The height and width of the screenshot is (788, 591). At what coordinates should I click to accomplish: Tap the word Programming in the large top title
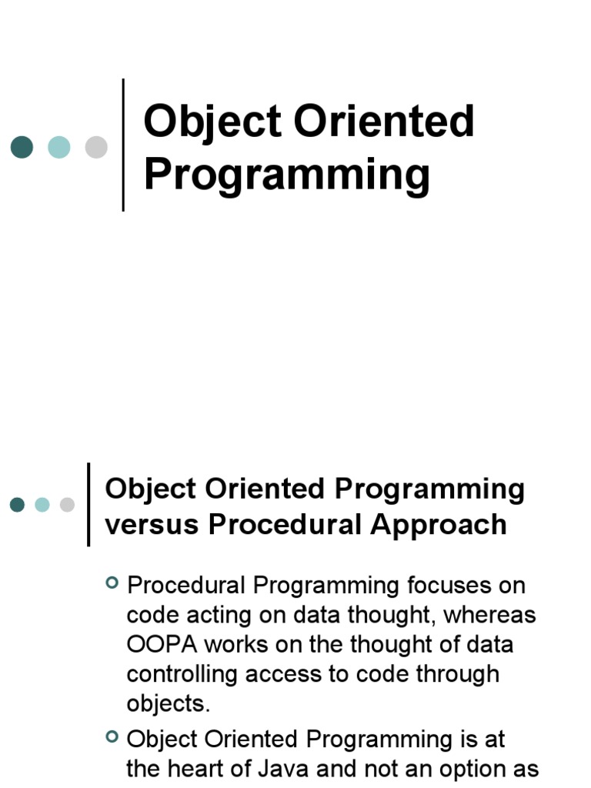click(x=286, y=175)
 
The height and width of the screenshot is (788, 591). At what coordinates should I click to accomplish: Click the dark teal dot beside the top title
click(x=22, y=146)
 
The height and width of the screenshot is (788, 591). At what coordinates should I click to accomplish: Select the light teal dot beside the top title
click(x=59, y=146)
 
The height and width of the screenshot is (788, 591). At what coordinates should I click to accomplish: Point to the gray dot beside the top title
click(x=96, y=146)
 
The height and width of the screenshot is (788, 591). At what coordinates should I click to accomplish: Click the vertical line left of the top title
click(x=123, y=145)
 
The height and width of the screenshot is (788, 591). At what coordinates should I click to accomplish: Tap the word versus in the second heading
click(x=151, y=525)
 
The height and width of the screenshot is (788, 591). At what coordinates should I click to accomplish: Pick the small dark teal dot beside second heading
click(x=17, y=505)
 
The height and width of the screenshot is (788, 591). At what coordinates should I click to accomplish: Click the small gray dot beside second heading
click(x=68, y=505)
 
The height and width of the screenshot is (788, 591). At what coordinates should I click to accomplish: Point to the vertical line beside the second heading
click(x=89, y=505)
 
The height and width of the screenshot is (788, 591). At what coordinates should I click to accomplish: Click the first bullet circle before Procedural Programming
click(x=112, y=584)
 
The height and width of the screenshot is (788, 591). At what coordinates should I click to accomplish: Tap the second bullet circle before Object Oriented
click(x=112, y=738)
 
